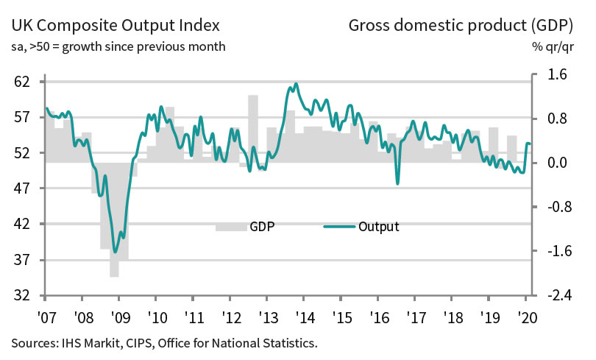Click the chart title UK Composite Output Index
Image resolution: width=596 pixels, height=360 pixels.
115,27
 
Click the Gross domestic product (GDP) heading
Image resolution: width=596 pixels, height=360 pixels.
461,27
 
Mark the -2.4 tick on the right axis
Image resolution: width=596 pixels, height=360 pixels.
556,295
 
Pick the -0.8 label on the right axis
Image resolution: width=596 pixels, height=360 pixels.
556,207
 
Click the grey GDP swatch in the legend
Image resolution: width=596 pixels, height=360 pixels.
231,227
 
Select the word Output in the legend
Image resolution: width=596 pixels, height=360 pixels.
378,227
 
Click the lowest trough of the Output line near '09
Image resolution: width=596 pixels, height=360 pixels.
115,252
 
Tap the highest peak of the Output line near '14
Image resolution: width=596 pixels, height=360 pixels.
296,84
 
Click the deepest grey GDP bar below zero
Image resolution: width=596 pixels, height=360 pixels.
115,269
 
